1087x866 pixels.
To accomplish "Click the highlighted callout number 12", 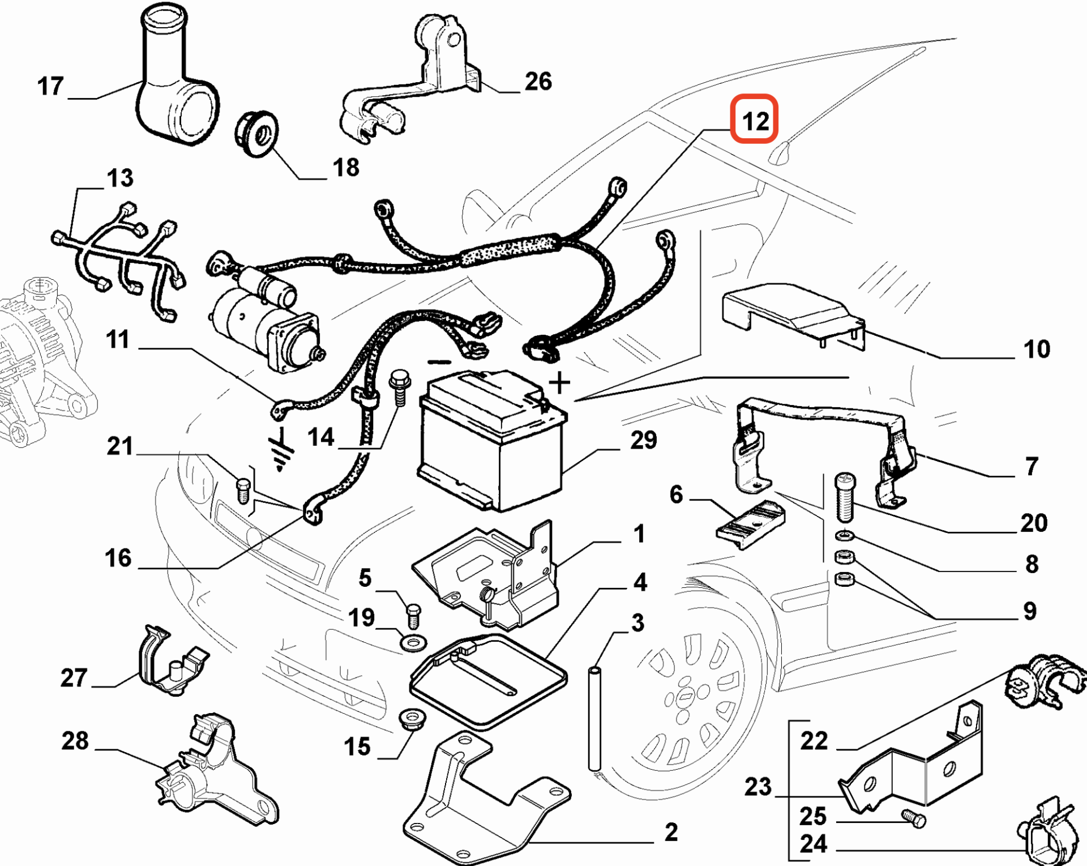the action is [755, 121].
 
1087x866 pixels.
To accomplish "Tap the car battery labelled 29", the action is [492, 440].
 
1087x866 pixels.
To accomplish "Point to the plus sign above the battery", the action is [559, 383].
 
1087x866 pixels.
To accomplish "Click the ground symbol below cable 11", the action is [281, 450].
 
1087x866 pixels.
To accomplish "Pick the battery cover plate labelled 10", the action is [794, 315].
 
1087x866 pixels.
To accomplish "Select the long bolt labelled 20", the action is [845, 497].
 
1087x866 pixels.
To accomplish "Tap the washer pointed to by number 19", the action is [414, 643].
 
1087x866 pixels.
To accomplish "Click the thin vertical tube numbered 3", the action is [594, 719].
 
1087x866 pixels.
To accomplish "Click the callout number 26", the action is [538, 81].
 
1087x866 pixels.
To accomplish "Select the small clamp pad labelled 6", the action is [751, 524].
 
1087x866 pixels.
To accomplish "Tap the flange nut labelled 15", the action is [413, 718].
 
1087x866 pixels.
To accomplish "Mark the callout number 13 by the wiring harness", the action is [120, 178].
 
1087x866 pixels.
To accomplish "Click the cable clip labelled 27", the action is [173, 660].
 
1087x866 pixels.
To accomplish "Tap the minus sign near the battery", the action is [439, 362].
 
